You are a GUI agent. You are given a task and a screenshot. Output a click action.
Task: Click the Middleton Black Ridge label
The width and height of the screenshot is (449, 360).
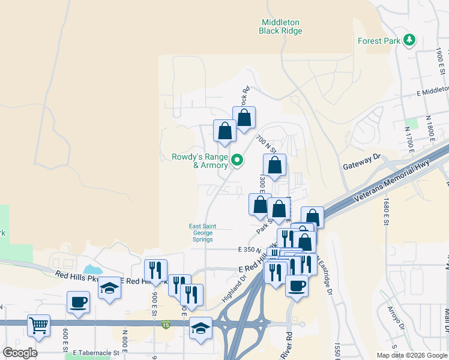pos(279,26)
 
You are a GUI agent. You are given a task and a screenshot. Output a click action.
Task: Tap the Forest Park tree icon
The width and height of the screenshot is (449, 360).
pos(410,40)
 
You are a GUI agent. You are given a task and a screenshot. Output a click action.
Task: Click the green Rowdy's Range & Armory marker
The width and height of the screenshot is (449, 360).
pos(237,160)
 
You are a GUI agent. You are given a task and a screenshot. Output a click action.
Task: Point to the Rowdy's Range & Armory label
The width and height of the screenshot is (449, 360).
pos(200,161)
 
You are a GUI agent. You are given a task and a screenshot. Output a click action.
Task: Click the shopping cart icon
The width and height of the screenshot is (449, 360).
pos(38,325)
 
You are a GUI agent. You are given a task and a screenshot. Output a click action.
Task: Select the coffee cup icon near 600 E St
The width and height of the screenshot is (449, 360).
pos(79,301)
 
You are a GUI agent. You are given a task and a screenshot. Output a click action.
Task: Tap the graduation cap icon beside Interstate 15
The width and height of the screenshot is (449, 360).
pos(201,328)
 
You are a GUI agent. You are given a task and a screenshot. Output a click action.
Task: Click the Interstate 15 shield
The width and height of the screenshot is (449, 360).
pos(166,325)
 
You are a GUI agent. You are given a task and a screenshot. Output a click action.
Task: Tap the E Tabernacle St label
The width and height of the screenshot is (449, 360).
pos(93,353)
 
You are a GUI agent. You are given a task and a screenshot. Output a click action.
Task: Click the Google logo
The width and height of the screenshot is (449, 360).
pos(20,352)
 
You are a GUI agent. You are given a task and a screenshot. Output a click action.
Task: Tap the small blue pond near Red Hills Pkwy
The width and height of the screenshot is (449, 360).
pos(92,269)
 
